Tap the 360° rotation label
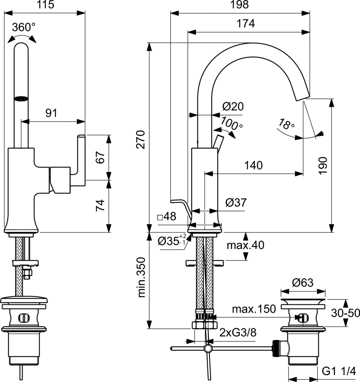point(24,27)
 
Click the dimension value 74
point(100,206)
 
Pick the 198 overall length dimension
point(240,5)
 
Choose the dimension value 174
point(246,24)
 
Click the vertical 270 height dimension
point(140,139)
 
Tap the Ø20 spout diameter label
point(233,107)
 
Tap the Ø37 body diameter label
point(236,203)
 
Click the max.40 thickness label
point(245,245)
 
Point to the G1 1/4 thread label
point(339,372)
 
